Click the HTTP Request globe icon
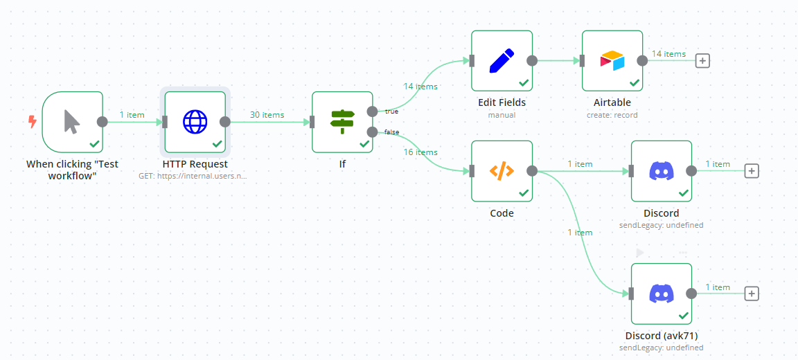pos(195,122)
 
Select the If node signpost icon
pos(342,122)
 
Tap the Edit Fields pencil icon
pos(502,60)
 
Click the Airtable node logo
pos(612,60)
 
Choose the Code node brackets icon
pos(502,171)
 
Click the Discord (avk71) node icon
pos(662,294)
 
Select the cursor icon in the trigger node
pos(72,122)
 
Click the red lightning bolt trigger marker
pos(32,122)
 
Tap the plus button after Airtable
pos(702,60)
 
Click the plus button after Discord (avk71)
pos(752,294)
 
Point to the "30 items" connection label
pos(267,115)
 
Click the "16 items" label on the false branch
pos(420,152)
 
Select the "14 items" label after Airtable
pos(668,54)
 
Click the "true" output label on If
pos(391,111)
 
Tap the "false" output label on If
pos(391,132)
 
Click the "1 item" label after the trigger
pos(132,115)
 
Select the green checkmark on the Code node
pos(524,193)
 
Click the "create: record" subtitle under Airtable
pos(612,115)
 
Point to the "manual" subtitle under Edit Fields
pos(502,115)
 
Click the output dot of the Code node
pos(532,171)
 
